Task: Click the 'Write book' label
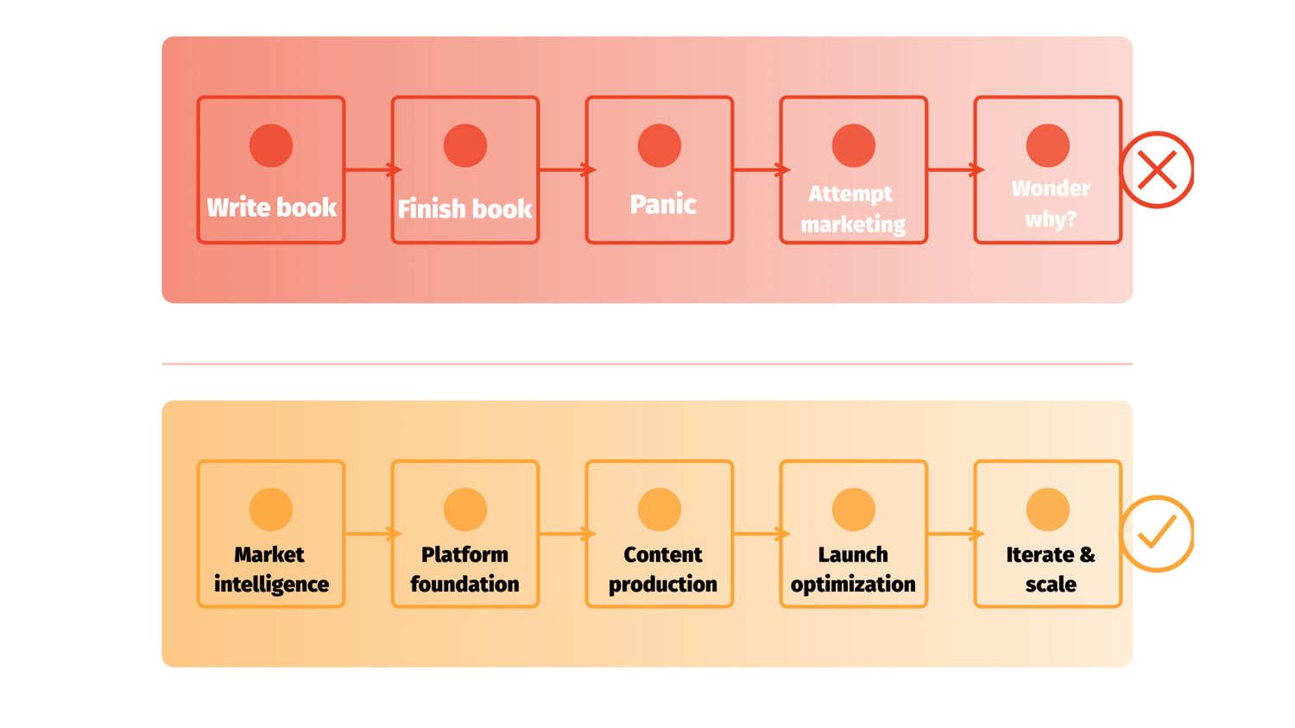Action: pos(271,207)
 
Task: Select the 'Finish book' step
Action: pos(464,209)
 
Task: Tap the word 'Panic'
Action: pos(663,205)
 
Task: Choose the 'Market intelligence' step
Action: pos(271,569)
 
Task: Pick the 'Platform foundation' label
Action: pos(464,569)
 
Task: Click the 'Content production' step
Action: pos(663,569)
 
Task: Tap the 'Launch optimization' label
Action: pos(853,569)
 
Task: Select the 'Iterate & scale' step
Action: pos(1051,569)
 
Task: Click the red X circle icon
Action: pos(1158,169)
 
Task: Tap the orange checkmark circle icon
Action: pos(1157,534)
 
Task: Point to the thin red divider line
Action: pos(647,364)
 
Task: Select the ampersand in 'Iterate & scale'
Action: pos(1086,554)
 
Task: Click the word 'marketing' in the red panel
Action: pos(853,225)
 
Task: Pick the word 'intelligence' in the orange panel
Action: pos(271,585)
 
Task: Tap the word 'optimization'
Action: pos(853,585)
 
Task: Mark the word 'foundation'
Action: pos(464,585)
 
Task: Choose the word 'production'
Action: pos(663,585)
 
